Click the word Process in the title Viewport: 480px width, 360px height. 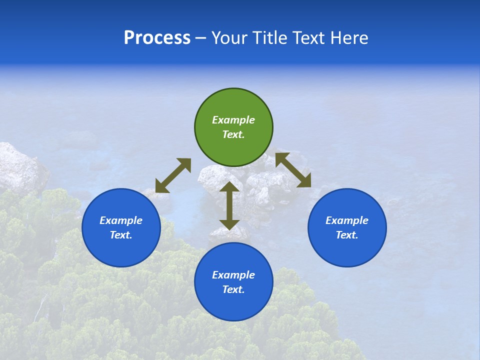157,38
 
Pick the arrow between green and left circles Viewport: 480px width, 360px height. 173,175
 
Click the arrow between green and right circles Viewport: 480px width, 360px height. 293,170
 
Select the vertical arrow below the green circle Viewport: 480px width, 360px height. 229,206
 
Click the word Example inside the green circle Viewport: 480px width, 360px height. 233,120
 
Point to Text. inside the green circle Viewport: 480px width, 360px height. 233,134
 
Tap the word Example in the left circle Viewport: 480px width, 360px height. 121,220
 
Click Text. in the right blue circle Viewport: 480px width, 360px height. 347,235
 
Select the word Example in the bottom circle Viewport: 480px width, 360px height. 233,275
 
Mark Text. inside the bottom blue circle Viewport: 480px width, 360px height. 233,289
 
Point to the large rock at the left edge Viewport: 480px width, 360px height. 20,167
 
